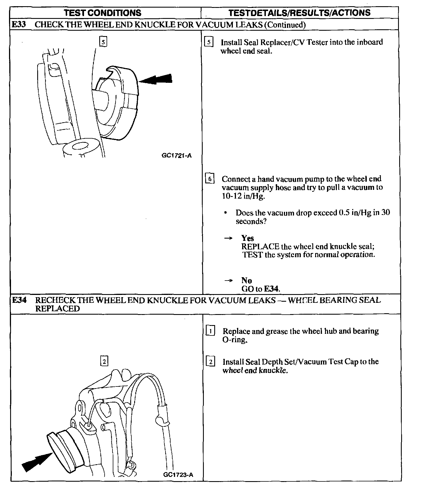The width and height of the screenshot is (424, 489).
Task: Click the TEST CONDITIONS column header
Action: [102, 13]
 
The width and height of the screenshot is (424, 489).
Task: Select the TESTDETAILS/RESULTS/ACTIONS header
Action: [299, 13]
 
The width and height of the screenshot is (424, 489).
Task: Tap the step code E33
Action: [19, 25]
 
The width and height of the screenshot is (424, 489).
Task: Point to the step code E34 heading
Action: [19, 300]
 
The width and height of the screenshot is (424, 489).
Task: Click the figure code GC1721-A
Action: [177, 155]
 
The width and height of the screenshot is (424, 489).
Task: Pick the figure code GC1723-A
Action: [178, 475]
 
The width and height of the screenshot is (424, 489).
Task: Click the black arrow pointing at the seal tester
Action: [156, 79]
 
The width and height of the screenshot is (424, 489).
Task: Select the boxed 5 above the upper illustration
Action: [103, 42]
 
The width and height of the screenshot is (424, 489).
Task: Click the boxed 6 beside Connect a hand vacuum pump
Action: [210, 179]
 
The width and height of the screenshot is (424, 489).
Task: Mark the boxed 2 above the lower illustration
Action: [104, 361]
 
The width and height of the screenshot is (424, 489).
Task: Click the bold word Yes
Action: [248, 238]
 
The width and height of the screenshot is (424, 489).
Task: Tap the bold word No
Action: [246, 280]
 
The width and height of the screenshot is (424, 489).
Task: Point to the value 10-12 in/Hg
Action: [243, 196]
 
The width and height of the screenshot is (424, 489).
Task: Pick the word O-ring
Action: [235, 340]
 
